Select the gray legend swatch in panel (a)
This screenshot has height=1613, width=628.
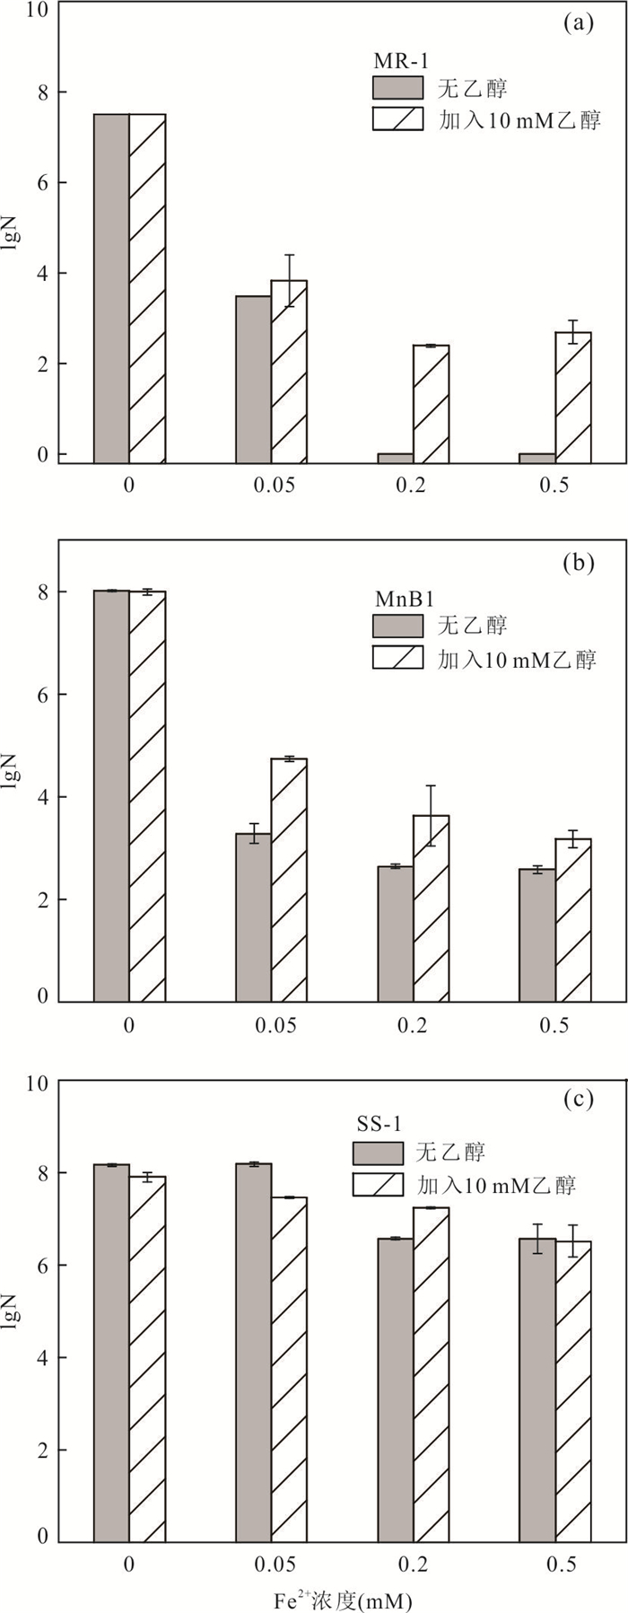click(x=397, y=88)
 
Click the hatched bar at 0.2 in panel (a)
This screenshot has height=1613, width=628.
click(x=432, y=404)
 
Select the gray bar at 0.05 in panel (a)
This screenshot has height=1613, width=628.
click(x=254, y=379)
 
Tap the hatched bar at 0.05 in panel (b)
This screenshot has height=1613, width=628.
click(x=289, y=880)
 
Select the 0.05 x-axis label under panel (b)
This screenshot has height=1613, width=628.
click(x=273, y=1025)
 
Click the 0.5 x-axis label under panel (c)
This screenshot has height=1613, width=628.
click(x=555, y=1563)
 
